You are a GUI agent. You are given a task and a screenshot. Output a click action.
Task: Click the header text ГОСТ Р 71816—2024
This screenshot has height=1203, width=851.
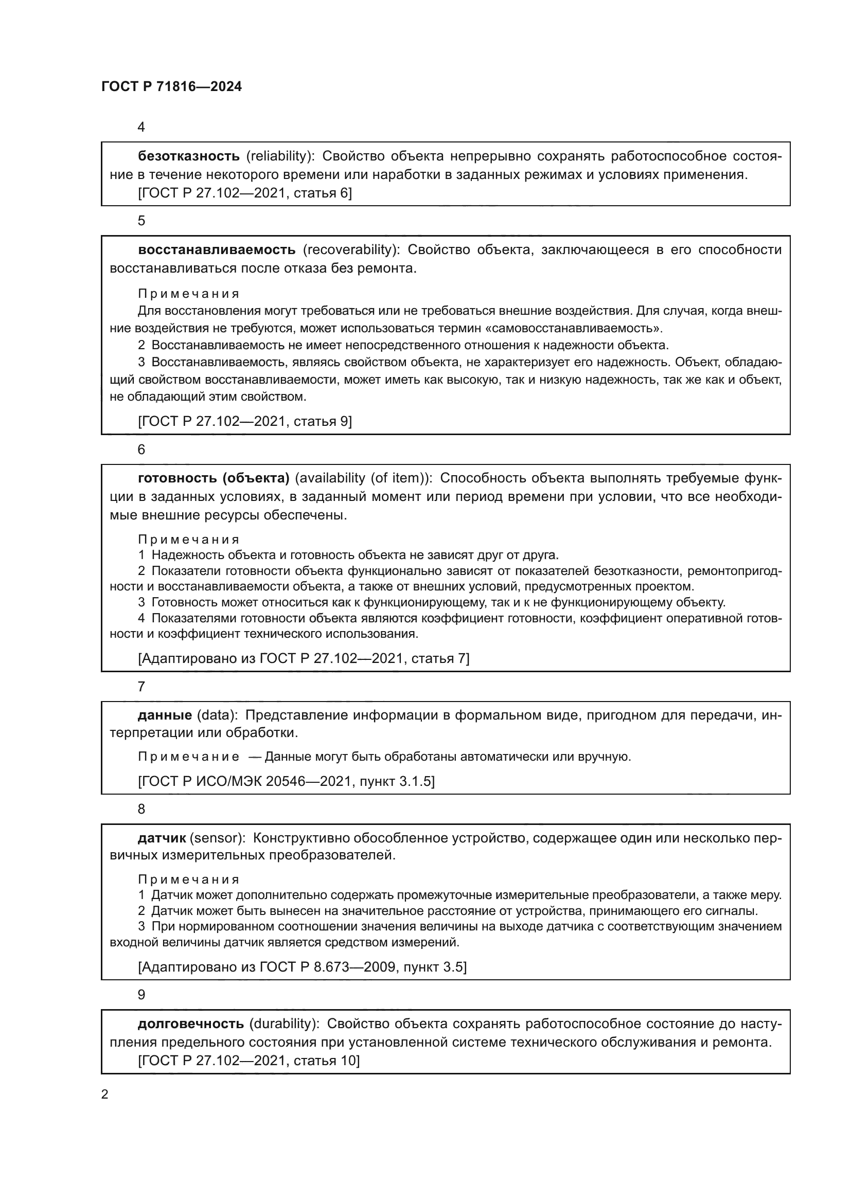[x=171, y=87]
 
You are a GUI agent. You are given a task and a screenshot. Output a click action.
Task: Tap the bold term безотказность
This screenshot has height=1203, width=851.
[x=189, y=156]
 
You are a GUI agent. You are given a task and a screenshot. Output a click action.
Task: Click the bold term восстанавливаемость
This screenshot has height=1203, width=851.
[x=217, y=250]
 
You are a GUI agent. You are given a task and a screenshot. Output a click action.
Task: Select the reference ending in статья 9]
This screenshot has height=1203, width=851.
[x=245, y=421]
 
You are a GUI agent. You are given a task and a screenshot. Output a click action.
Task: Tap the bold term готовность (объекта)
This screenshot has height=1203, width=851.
[x=214, y=478]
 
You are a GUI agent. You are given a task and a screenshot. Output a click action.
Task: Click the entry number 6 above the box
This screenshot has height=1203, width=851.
[x=141, y=450]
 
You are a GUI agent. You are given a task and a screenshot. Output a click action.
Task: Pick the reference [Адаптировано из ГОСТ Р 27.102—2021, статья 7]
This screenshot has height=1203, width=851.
[x=304, y=659]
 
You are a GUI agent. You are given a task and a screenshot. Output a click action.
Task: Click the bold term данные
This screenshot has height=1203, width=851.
[x=165, y=715]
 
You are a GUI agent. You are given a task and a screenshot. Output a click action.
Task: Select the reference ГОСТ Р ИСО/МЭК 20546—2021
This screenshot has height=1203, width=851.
[x=286, y=781]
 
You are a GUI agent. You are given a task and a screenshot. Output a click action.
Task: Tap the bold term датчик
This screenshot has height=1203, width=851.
[x=162, y=838]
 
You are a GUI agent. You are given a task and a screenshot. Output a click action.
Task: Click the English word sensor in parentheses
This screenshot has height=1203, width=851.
[x=217, y=838]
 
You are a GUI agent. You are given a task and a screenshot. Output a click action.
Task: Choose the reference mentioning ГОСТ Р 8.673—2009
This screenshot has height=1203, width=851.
[x=302, y=967]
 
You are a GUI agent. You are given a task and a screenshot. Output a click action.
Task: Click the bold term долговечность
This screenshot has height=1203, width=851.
[x=191, y=1024]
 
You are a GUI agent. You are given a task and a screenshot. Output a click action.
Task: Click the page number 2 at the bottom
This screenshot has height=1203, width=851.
[x=105, y=1094]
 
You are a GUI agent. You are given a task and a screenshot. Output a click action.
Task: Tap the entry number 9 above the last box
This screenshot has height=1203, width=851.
[x=141, y=995]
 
